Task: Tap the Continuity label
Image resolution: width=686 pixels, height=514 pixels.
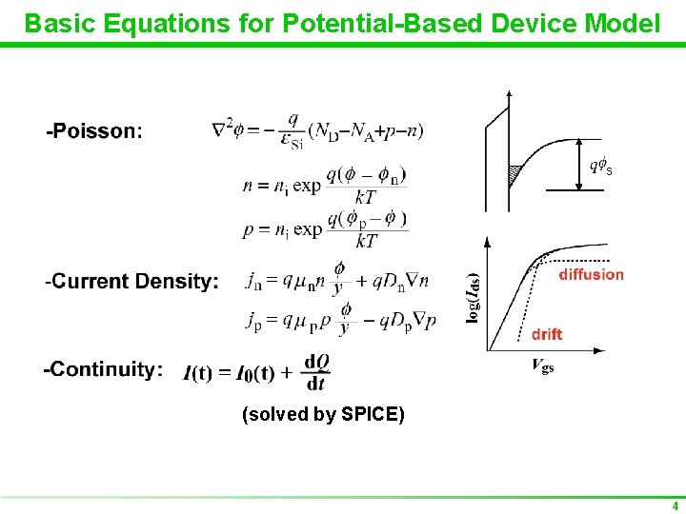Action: coord(104,369)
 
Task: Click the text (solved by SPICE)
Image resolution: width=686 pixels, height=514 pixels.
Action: coord(324,414)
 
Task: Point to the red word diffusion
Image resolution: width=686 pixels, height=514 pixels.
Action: coord(591,274)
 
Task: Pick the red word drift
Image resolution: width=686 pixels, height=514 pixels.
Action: coord(547,334)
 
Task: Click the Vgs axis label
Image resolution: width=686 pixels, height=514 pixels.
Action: coord(541,366)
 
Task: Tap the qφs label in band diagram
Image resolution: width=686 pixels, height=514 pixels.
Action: coord(600,167)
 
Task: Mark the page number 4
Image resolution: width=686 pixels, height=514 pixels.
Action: coord(675,505)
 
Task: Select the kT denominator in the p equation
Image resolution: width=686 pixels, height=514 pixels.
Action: coord(366,242)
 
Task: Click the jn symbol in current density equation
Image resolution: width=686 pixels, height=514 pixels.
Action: coord(254,281)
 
